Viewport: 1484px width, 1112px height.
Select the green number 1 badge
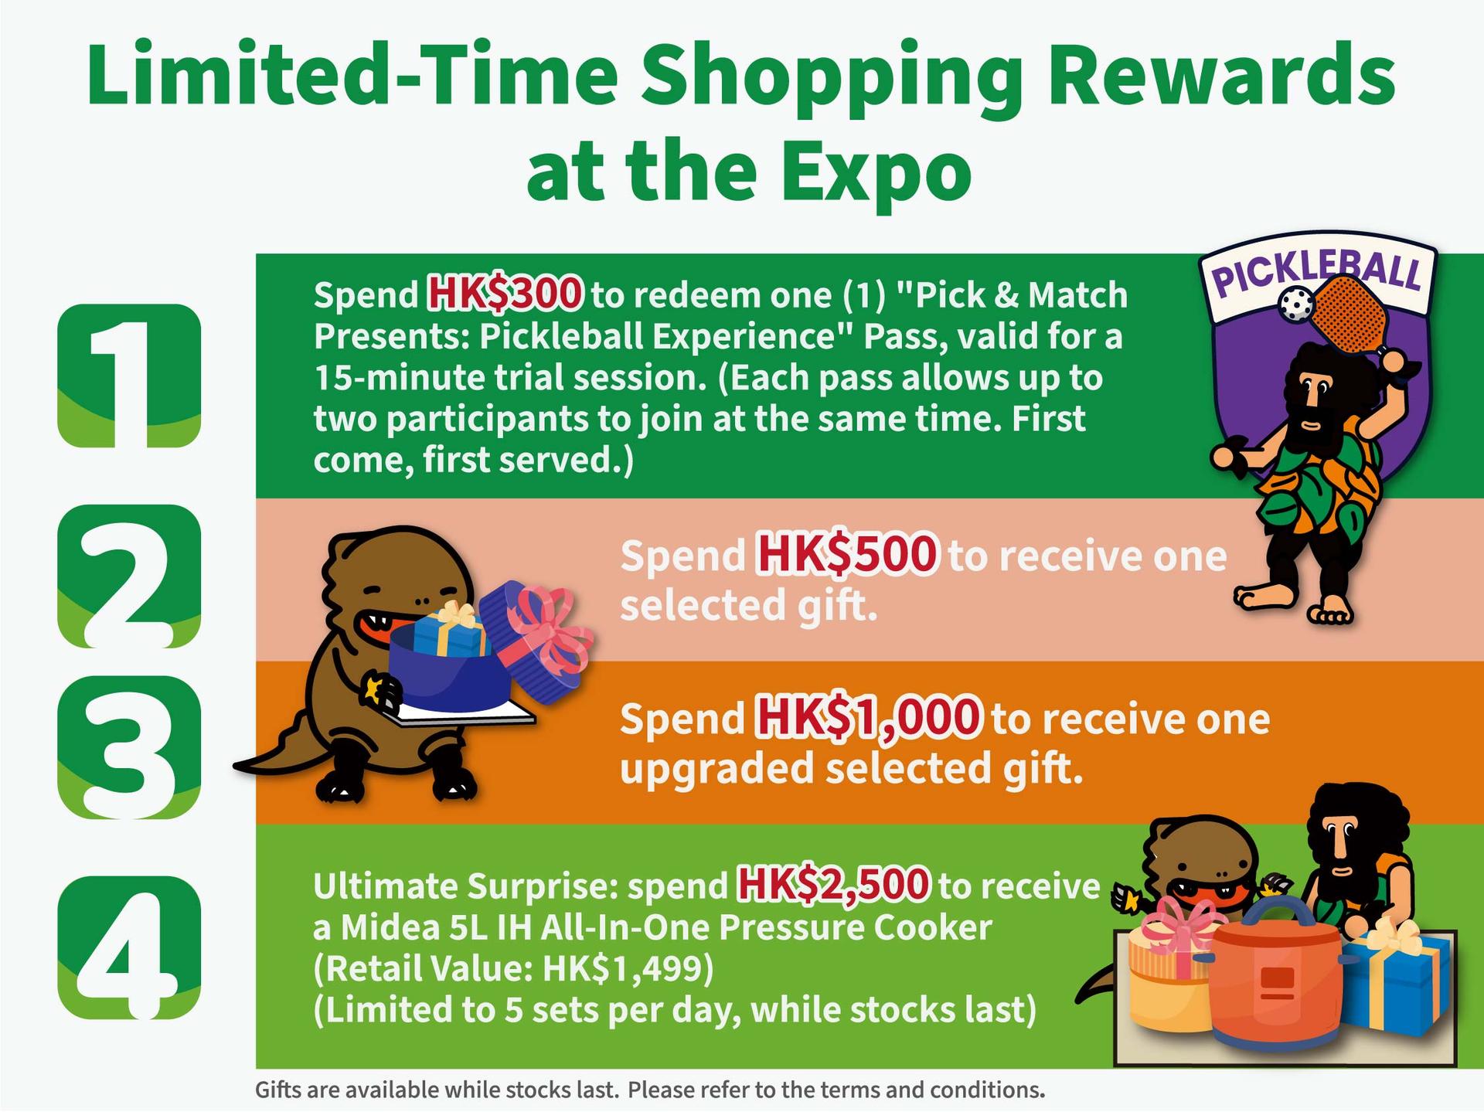(x=129, y=376)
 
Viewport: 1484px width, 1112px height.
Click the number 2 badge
(x=129, y=576)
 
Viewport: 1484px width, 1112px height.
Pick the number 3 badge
(x=129, y=747)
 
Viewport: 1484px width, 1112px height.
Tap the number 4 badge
(x=129, y=947)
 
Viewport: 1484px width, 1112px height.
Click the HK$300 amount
(x=505, y=294)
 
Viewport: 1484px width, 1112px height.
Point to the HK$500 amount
(x=846, y=555)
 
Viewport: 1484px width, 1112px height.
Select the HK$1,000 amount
(x=869, y=718)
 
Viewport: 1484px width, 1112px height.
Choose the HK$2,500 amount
(x=833, y=886)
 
